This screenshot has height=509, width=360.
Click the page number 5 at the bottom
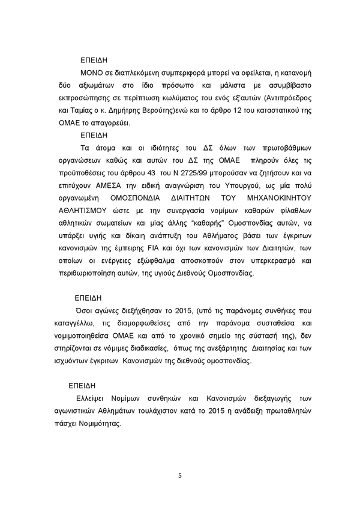click(180, 476)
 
